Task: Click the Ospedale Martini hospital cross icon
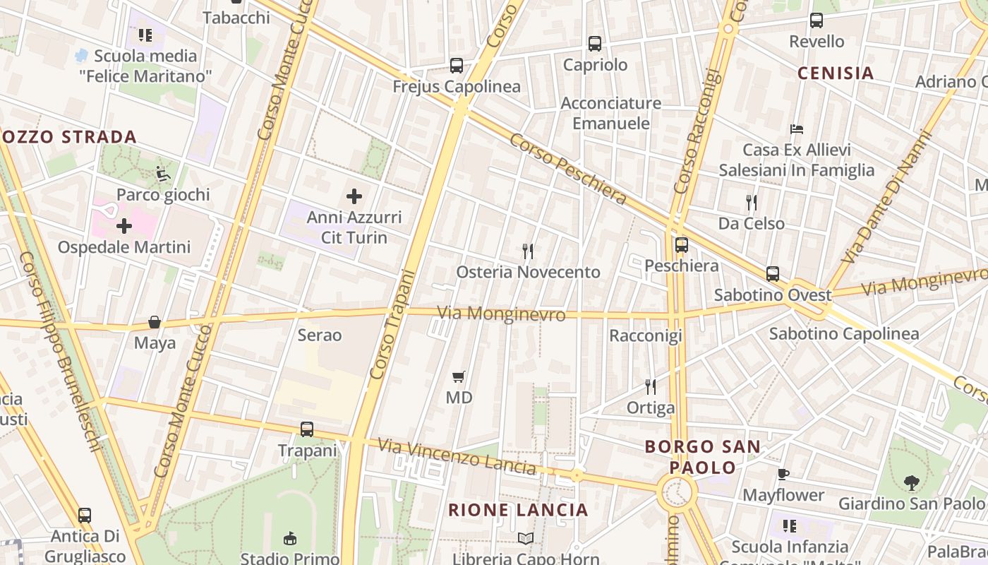tap(124, 226)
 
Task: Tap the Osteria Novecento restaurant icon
tap(527, 251)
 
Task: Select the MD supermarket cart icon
tap(459, 376)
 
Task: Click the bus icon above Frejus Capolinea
tap(457, 66)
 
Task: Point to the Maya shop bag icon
tap(155, 323)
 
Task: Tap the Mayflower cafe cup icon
tap(783, 474)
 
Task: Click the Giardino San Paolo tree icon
tap(911, 483)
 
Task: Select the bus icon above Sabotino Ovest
tap(773, 274)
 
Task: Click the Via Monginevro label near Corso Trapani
tap(501, 314)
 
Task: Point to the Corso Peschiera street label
tap(568, 169)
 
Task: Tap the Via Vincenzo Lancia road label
tap(457, 456)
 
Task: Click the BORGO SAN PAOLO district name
tap(703, 457)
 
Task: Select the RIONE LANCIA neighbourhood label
tap(518, 510)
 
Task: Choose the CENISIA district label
tap(836, 73)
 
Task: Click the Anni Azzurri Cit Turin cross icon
tap(354, 196)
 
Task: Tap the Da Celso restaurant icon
tap(751, 203)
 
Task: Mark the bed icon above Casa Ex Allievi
tap(797, 129)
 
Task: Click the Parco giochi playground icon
tap(163, 173)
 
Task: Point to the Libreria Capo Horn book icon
tap(526, 539)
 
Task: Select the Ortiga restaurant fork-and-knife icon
tap(651, 387)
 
